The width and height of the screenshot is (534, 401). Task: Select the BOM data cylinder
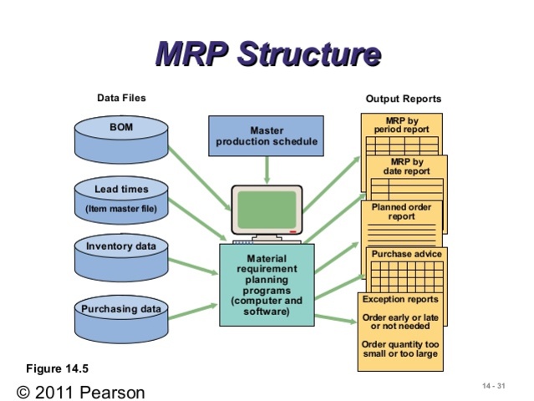(120, 139)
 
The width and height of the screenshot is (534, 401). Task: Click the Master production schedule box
(267, 136)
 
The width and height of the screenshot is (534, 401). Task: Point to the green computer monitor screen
(267, 208)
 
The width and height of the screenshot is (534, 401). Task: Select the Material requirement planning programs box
(267, 285)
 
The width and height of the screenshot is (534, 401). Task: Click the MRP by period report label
(402, 125)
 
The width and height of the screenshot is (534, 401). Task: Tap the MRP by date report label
(407, 166)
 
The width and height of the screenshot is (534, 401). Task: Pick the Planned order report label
(401, 211)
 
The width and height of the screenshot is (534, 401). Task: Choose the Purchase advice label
(404, 254)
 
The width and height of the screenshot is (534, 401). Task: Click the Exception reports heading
(400, 299)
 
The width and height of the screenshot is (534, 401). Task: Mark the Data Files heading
(121, 98)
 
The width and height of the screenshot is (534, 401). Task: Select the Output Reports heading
(403, 99)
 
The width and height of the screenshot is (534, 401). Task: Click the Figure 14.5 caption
(57, 368)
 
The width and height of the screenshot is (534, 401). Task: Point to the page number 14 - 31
(494, 385)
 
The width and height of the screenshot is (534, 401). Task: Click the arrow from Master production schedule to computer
(267, 169)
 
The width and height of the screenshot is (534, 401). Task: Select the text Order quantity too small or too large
(400, 349)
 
